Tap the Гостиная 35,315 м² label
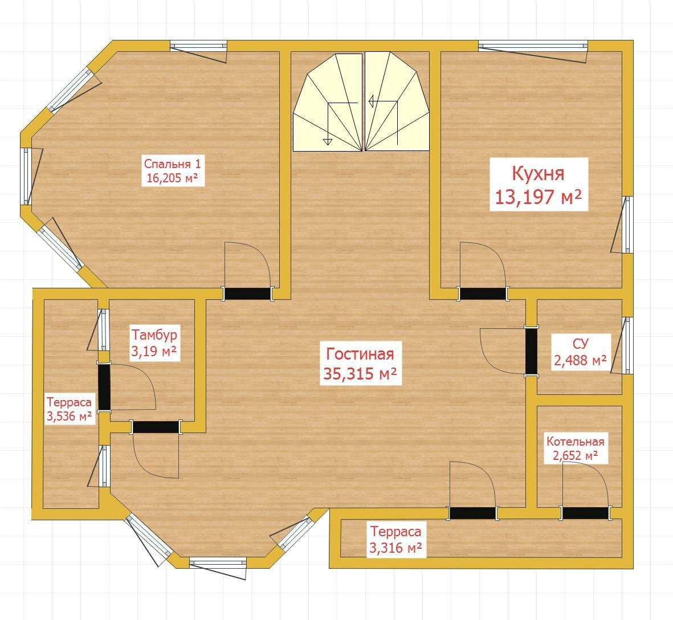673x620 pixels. [360, 364]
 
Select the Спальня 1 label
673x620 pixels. [173, 170]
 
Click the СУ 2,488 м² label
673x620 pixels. [580, 352]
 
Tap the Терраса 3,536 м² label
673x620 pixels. [69, 409]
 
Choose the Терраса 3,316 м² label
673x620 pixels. [395, 539]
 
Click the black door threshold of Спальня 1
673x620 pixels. [248, 293]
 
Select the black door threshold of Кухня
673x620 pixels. [483, 293]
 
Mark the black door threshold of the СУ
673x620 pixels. [531, 351]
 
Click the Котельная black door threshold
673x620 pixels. [585, 513]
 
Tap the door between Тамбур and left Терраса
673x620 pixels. [104, 387]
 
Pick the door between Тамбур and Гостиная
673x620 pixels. [156, 427]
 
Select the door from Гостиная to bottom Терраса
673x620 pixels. [472, 513]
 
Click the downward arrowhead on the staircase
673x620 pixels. [328, 141]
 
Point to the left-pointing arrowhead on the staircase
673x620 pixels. [372, 101]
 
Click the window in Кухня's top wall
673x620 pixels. [533, 46]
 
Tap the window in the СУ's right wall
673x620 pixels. [628, 345]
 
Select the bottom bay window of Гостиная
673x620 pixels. [218, 562]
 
